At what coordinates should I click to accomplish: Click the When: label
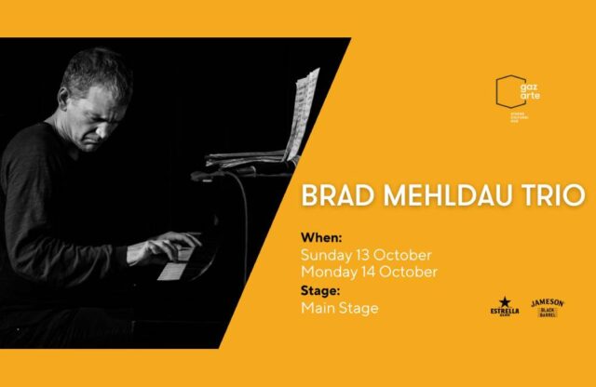point(321,238)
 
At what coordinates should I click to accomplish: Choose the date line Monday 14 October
point(369,272)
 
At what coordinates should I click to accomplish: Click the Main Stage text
point(340,308)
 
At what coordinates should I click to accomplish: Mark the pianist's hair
point(93,70)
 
